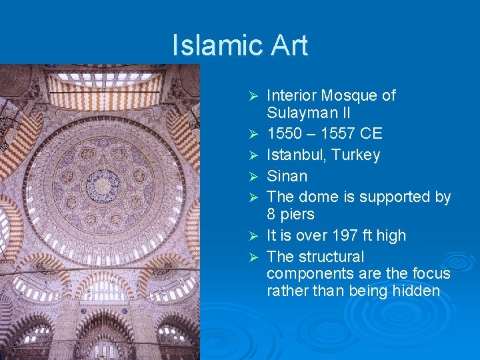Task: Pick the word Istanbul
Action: point(295,155)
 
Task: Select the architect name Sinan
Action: point(287,177)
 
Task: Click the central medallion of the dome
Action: point(104,185)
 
